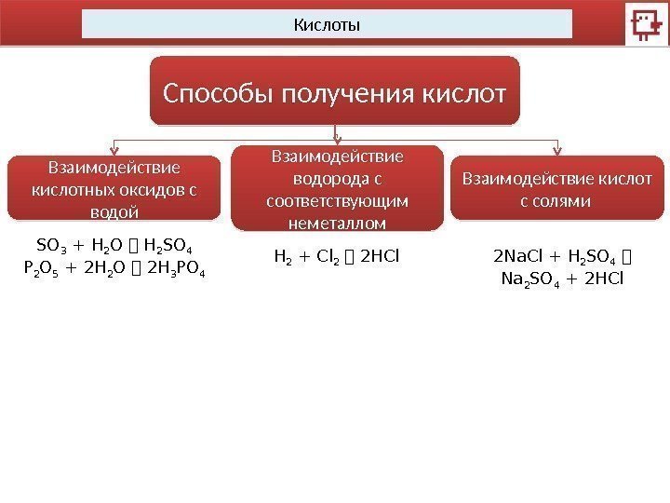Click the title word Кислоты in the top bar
click(327, 23)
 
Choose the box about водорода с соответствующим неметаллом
click(337, 188)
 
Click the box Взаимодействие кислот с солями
click(557, 188)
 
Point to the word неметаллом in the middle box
click(338, 224)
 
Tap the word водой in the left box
click(115, 211)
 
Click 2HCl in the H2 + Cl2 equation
click(376, 251)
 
